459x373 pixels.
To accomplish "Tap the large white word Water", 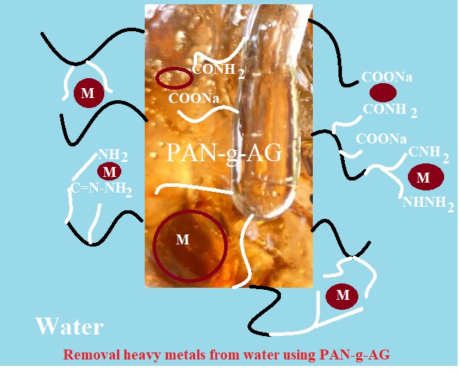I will point(70,327).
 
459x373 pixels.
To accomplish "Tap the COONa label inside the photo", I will point(193,99).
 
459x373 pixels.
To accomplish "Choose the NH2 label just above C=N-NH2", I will point(113,154).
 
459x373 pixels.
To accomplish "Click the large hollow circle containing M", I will point(190,242).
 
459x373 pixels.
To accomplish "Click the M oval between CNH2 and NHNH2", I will point(423,178).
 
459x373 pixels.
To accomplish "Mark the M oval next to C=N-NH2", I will point(109,172).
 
